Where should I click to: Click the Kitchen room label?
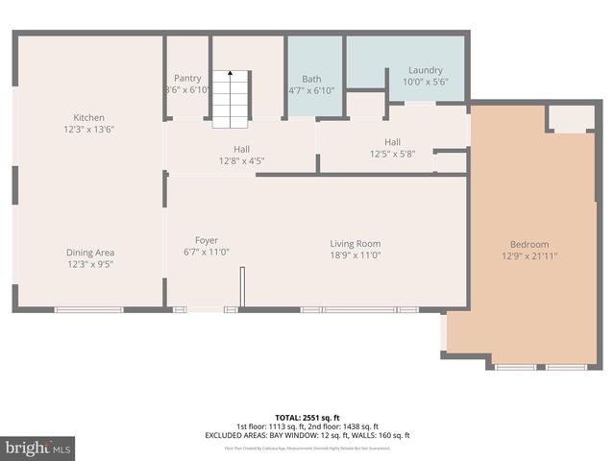[x=88, y=118]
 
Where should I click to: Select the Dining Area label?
[x=91, y=253]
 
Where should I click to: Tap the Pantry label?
[x=186, y=78]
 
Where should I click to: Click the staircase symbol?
[x=230, y=98]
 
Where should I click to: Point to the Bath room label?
[x=311, y=80]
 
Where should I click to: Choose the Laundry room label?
[x=425, y=70]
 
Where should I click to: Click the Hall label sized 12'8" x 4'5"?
[x=241, y=149]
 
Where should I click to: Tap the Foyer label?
[x=206, y=240]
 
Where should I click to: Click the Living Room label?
[x=356, y=244]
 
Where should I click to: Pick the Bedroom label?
[x=529, y=244]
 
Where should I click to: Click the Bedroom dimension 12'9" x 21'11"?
[x=529, y=256]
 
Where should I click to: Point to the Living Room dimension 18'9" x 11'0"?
[x=356, y=256]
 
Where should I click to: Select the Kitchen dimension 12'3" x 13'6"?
[x=88, y=130]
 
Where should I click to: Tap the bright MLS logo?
[x=37, y=448]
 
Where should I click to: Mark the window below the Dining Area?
[x=88, y=309]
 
